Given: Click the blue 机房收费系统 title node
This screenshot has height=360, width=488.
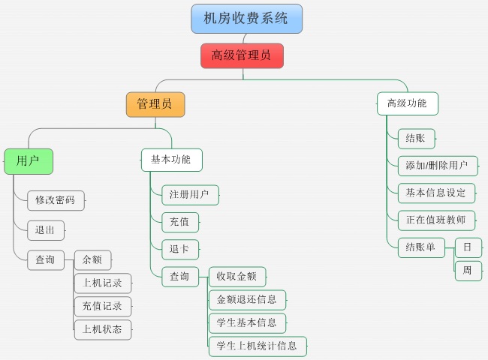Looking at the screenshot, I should pyautogui.click(x=246, y=19).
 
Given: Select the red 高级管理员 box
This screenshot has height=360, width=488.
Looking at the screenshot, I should pyautogui.click(x=242, y=55).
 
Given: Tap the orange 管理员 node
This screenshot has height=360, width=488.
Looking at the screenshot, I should pyautogui.click(x=155, y=104).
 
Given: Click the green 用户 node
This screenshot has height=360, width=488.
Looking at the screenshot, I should pyautogui.click(x=29, y=160).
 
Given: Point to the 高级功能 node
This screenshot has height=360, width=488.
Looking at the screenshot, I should pyautogui.click(x=407, y=103).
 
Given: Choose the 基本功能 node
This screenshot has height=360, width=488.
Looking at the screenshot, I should pyautogui.click(x=171, y=160).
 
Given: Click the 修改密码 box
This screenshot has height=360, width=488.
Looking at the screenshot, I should pyautogui.click(x=56, y=200).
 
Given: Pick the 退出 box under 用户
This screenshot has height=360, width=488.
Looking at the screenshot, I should pyautogui.click(x=45, y=230).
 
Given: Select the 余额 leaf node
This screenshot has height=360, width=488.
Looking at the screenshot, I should pyautogui.click(x=92, y=260).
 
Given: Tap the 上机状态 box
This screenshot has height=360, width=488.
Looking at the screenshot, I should pyautogui.click(x=103, y=328).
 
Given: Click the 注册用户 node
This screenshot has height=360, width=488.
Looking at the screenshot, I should pyautogui.click(x=190, y=195).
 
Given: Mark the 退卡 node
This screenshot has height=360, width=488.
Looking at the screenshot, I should pyautogui.click(x=180, y=249).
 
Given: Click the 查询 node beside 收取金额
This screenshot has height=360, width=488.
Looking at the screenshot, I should pyautogui.click(x=180, y=277).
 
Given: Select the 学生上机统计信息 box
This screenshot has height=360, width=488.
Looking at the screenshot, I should pyautogui.click(x=258, y=346).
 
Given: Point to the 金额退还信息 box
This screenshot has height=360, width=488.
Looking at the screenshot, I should pyautogui.click(x=247, y=300).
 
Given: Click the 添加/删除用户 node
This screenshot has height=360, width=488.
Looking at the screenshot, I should pyautogui.click(x=437, y=166).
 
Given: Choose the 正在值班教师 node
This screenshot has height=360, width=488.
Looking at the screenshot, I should pyautogui.click(x=436, y=220).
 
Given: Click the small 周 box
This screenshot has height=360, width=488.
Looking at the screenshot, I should pyautogui.click(x=468, y=271).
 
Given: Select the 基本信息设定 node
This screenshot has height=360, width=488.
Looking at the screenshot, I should pyautogui.click(x=436, y=193).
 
